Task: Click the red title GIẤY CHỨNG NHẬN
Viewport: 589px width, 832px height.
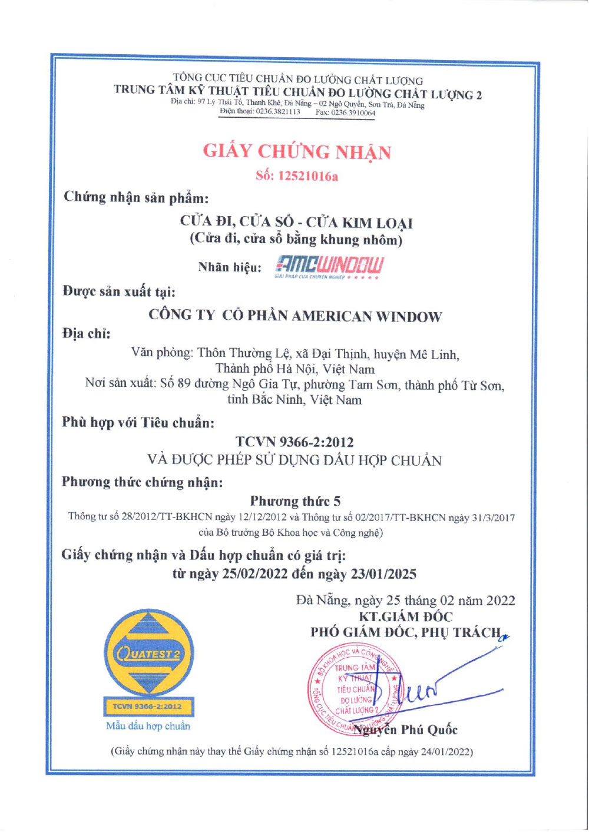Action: [297, 151]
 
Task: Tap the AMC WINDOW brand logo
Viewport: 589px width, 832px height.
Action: [329, 267]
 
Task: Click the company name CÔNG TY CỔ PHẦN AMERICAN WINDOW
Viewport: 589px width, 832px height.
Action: [295, 316]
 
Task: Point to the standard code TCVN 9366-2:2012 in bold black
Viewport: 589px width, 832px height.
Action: [294, 442]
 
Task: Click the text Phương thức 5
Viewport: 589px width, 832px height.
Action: [295, 501]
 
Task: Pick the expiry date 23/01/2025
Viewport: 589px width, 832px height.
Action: [383, 574]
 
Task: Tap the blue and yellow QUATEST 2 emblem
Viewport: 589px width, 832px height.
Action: [148, 652]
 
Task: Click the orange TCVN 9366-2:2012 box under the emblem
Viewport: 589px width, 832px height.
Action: [148, 706]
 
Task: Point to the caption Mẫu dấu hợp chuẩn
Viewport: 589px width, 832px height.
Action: [148, 726]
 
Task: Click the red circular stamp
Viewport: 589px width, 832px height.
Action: [354, 690]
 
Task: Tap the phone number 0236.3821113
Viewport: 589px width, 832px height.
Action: [278, 112]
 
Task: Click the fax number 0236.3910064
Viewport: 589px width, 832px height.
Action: [353, 112]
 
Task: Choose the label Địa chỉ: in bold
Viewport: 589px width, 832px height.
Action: [87, 334]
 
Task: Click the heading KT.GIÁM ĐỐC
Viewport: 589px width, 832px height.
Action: [406, 616]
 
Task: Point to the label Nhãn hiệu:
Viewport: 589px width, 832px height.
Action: [230, 267]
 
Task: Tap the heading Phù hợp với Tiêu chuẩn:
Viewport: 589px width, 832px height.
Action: [138, 422]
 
